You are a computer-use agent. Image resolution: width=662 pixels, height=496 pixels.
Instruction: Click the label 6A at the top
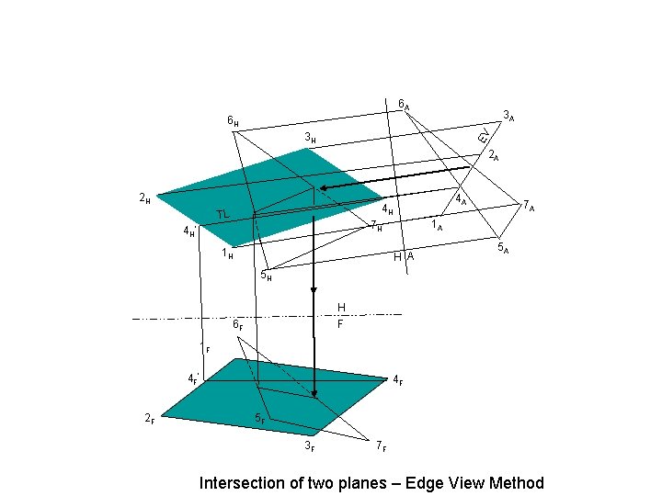(x=404, y=104)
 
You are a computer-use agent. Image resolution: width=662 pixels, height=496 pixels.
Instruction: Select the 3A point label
(x=508, y=117)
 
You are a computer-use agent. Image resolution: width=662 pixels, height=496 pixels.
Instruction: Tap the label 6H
(x=234, y=121)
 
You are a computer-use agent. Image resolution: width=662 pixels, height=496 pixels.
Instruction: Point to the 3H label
(x=311, y=139)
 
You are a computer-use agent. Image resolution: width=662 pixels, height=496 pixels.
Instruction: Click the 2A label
(x=494, y=154)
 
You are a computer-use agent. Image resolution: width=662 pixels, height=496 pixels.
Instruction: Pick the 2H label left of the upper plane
(x=144, y=197)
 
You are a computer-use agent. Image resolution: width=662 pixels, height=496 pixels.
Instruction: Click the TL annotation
(x=223, y=215)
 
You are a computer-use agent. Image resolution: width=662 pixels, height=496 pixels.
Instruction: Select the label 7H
(x=376, y=226)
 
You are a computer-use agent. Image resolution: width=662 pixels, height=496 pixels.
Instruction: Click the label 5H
(x=265, y=274)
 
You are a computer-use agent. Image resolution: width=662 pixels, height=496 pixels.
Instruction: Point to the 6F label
(x=237, y=323)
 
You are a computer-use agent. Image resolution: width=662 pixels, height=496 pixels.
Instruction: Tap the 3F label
(x=310, y=446)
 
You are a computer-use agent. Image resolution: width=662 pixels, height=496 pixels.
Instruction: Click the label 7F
(x=381, y=446)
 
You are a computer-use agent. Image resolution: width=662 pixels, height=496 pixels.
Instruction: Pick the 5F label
(x=260, y=420)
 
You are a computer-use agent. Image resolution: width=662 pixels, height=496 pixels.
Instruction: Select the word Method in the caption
(x=516, y=483)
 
